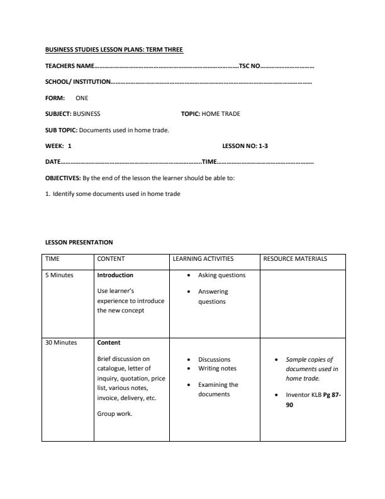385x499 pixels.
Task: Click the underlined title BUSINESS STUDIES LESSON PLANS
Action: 114,49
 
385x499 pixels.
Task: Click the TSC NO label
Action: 249,66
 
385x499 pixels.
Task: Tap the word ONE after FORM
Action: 82,98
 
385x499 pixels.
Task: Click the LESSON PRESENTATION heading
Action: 79,242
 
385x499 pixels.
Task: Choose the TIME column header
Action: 52,258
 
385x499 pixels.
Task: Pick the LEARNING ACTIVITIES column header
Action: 203,258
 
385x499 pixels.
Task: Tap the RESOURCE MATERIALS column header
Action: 294,258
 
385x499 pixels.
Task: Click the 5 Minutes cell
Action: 59,275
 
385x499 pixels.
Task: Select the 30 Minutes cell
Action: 61,343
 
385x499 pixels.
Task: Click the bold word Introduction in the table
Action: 115,275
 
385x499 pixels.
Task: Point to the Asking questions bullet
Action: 221,275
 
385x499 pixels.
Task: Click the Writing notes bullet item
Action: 217,368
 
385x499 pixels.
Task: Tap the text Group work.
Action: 114,414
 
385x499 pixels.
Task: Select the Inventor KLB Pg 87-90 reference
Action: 313,399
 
